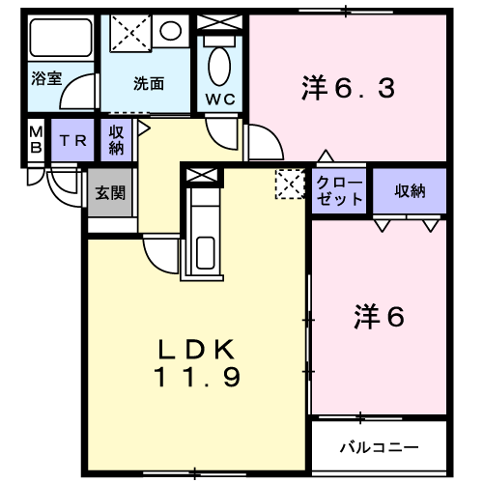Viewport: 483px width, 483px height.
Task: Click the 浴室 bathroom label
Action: click(x=45, y=78)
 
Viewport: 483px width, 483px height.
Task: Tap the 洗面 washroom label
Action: click(x=148, y=83)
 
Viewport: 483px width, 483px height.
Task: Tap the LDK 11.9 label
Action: click(x=198, y=362)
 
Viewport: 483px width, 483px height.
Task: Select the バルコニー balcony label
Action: click(x=379, y=448)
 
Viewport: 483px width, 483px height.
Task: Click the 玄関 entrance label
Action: click(x=109, y=191)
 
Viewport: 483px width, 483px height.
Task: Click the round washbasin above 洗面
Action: click(x=171, y=31)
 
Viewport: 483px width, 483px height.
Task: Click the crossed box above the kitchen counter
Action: click(x=204, y=176)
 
